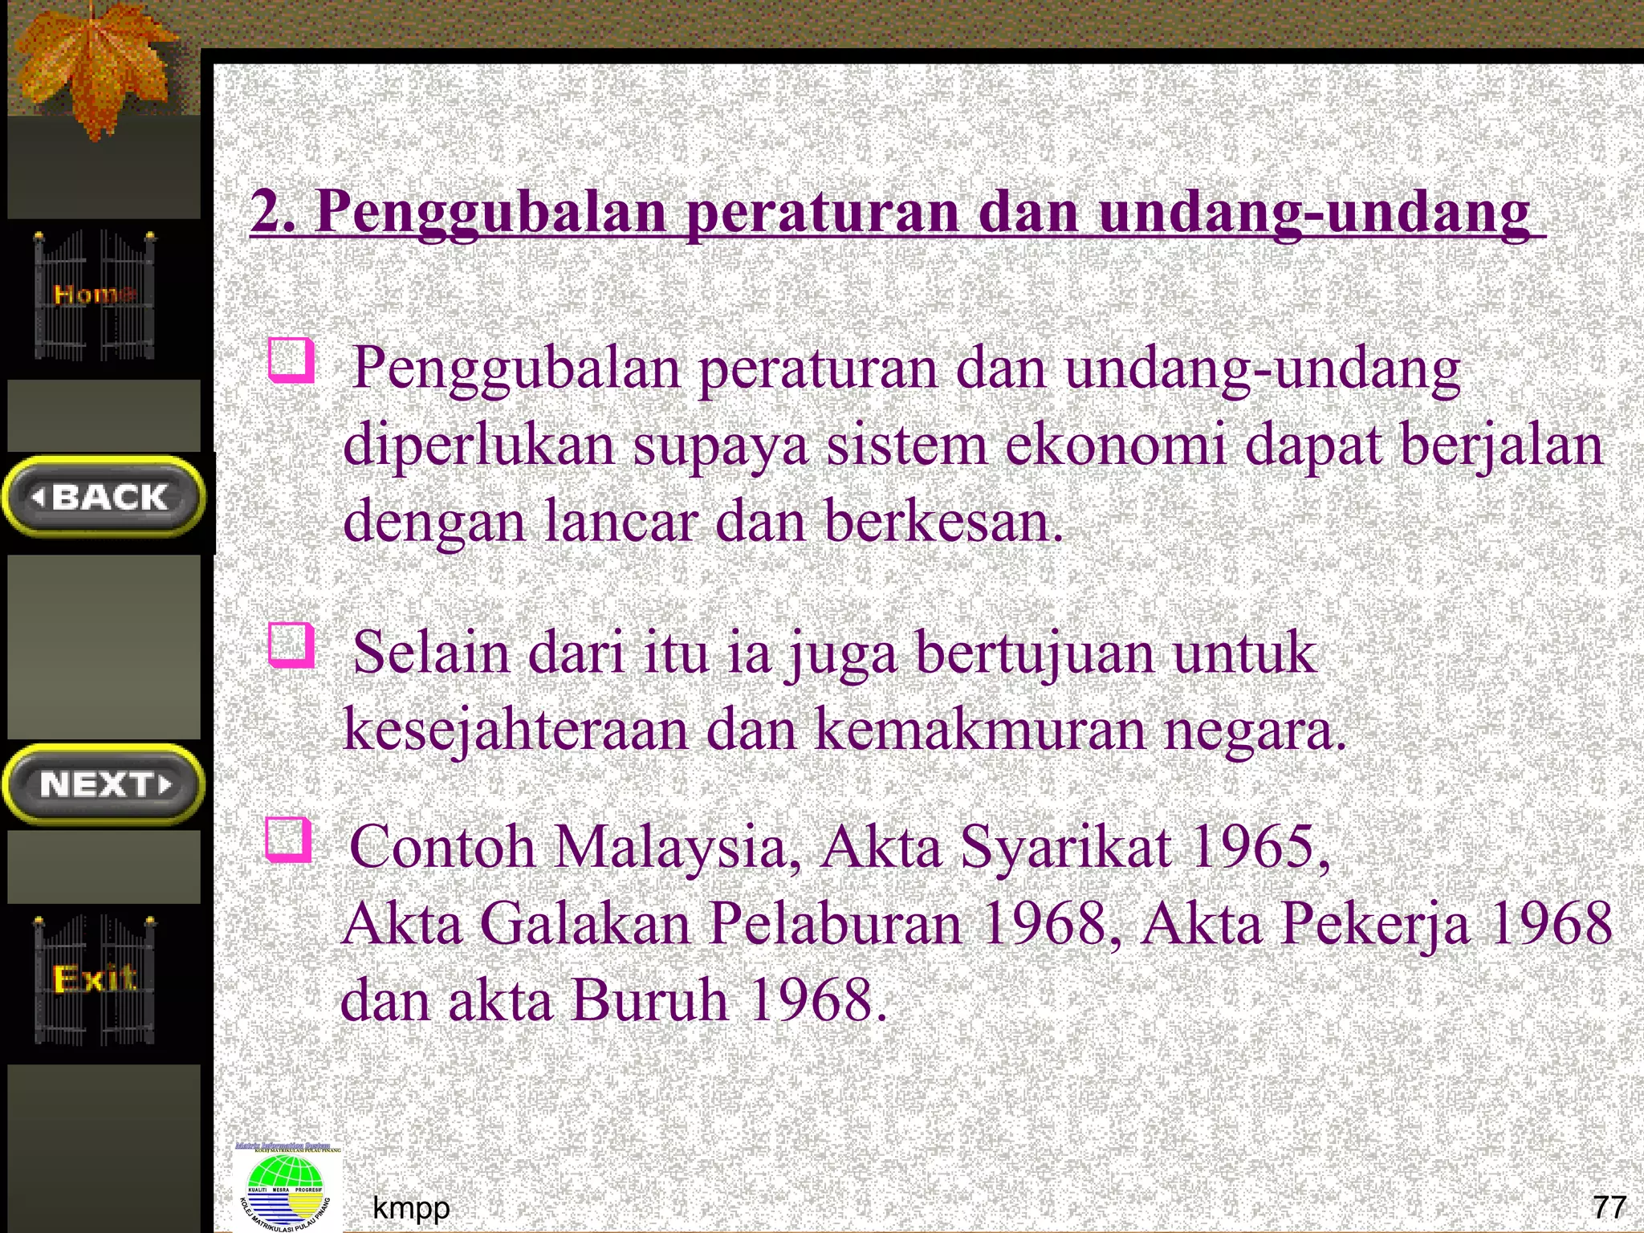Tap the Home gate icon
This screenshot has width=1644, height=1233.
(95, 295)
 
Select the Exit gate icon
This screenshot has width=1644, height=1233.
(95, 979)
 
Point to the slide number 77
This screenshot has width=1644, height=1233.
(1609, 1207)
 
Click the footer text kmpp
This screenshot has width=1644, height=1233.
(411, 1207)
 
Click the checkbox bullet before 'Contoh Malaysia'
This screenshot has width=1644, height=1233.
(287, 840)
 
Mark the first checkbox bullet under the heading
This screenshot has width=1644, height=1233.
(290, 360)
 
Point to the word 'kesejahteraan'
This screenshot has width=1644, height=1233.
(515, 730)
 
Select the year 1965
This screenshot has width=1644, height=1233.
(1253, 847)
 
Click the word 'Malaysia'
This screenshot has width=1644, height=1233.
(672, 847)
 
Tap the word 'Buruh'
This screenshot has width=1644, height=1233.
(650, 1001)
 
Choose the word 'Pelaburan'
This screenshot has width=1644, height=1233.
(836, 924)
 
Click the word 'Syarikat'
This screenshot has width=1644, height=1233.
(1065, 847)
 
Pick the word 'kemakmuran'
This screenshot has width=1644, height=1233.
(980, 730)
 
